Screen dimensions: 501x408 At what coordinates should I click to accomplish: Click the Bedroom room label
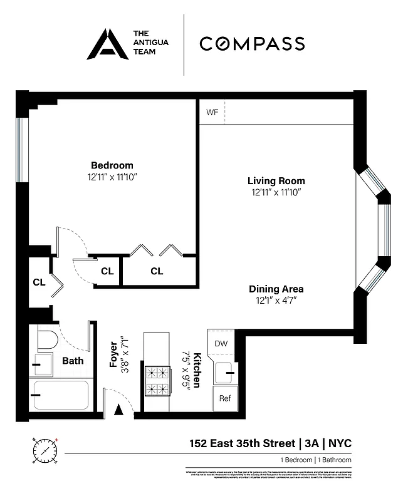pos(112,165)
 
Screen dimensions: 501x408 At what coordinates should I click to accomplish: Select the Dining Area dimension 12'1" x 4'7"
pos(276,301)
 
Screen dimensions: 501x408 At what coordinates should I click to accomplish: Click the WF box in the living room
pos(211,113)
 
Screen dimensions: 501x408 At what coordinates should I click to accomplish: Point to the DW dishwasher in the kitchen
pos(221,343)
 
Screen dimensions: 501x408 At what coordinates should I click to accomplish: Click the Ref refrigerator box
pos(223,398)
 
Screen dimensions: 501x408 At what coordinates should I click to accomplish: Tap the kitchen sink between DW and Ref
pos(223,374)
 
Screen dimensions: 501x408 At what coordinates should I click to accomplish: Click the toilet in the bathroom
pos(47,341)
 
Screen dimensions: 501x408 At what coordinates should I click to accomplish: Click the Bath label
pos(73,361)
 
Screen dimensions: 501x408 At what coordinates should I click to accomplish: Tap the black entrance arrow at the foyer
pos(118,410)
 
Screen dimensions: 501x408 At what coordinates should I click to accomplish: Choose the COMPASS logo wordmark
pos(252,44)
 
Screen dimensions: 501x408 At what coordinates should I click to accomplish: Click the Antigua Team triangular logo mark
pos(107,44)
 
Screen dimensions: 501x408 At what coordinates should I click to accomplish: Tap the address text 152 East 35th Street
pos(242,443)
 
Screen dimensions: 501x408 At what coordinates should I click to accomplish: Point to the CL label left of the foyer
pos(39,282)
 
